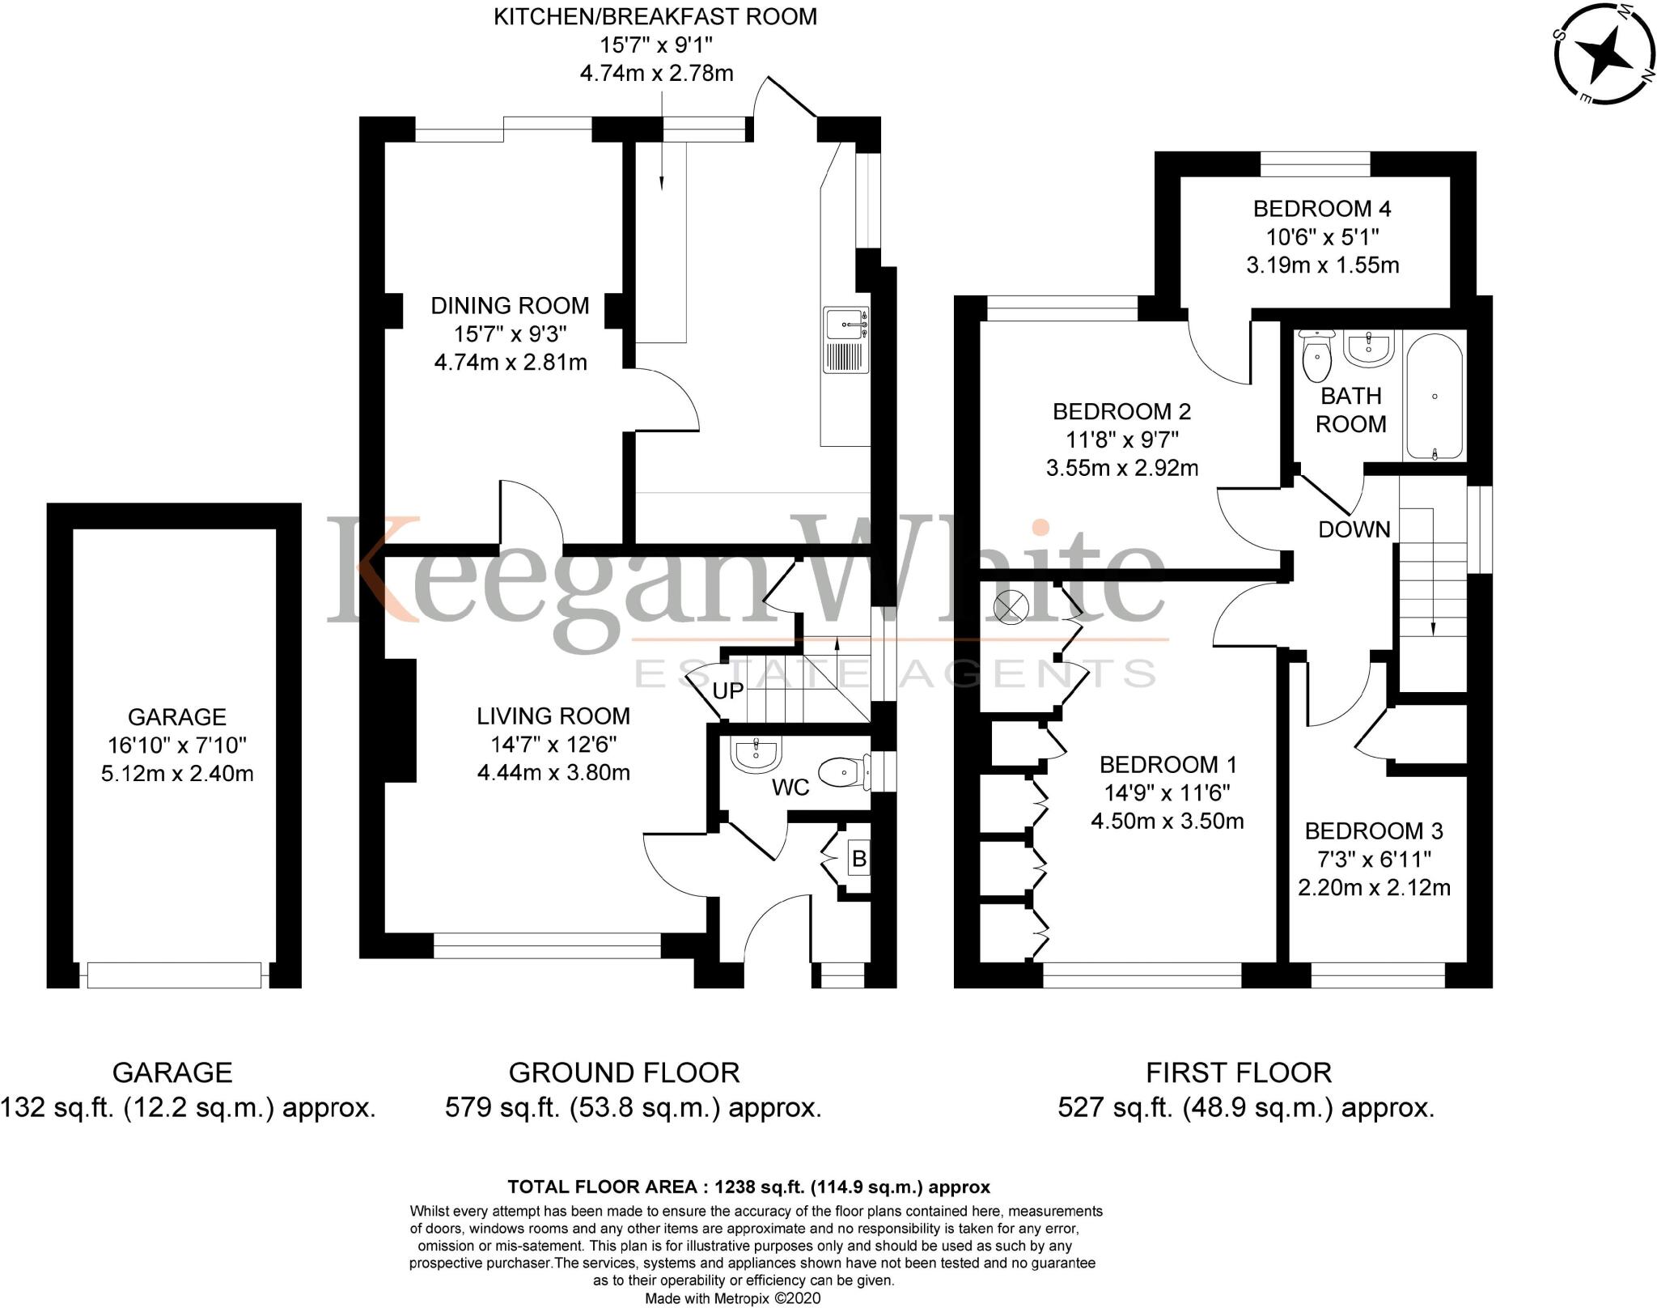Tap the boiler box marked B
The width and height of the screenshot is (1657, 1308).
coord(858,858)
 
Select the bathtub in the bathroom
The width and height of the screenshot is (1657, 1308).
coord(1434,397)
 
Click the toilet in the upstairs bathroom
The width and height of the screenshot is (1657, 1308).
coord(1317,359)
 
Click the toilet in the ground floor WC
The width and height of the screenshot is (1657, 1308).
coord(839,774)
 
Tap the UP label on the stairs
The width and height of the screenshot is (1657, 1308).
coord(728,690)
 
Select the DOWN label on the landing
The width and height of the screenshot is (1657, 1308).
coord(1354,529)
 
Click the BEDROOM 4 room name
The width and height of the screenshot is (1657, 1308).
coord(1322,209)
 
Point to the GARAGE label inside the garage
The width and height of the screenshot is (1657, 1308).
coord(177,716)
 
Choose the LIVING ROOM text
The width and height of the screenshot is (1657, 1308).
coord(553,716)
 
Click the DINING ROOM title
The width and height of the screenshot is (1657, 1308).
coord(510,305)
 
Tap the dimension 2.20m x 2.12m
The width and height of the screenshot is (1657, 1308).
coord(1374,887)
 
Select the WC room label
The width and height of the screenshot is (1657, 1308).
coord(790,787)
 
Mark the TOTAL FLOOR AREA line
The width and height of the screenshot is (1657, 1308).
coord(748,1187)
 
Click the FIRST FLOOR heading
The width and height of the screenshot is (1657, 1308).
coord(1239,1072)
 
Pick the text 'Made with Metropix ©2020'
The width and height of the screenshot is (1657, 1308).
coord(732,1298)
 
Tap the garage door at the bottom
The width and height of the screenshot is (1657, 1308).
coord(174,975)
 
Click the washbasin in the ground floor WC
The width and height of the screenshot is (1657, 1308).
coord(756,754)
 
